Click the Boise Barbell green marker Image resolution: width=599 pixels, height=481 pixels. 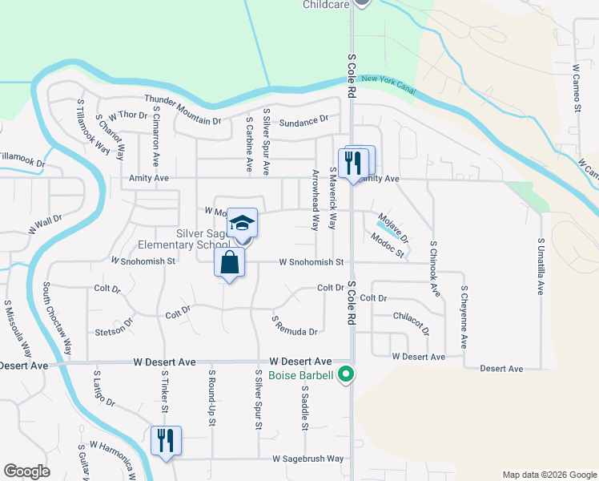coord(346,374)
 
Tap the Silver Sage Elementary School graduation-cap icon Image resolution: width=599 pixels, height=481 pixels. coord(242,223)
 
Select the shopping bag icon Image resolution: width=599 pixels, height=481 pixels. coord(229,262)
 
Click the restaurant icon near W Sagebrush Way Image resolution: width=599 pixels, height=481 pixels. coord(167,440)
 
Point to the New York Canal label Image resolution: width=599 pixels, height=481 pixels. coord(388,82)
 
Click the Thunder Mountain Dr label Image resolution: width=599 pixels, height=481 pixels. coord(183,110)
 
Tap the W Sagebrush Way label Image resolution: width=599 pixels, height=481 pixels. coord(308,459)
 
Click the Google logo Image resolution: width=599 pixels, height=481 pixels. coord(27,471)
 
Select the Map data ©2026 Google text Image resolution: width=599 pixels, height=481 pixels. coord(549,475)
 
